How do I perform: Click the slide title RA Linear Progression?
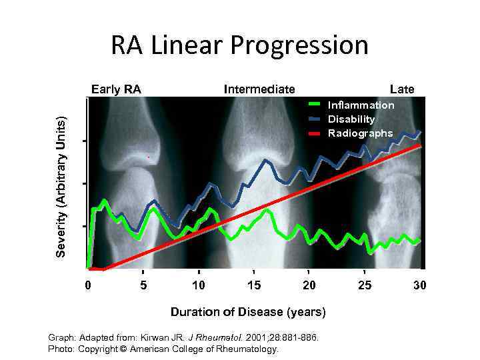coord(239,45)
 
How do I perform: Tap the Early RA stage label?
coord(116,89)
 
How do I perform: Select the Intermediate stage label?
coord(259,89)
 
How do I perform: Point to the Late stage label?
coord(402,89)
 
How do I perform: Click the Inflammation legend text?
coord(361,105)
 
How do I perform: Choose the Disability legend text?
coord(351,119)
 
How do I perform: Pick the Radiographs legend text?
coord(360,133)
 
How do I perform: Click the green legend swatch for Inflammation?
coord(316,104)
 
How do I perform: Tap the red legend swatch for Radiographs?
coord(316,134)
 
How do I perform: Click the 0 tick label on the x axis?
coord(88,285)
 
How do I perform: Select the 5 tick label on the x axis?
coord(143,285)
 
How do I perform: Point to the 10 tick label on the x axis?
coord(198,285)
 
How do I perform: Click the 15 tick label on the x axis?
coord(253,285)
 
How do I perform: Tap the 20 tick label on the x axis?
coord(309,285)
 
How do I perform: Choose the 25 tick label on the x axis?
coord(364,285)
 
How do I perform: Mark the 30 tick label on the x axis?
coord(419,285)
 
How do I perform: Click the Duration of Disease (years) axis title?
coord(248,311)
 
